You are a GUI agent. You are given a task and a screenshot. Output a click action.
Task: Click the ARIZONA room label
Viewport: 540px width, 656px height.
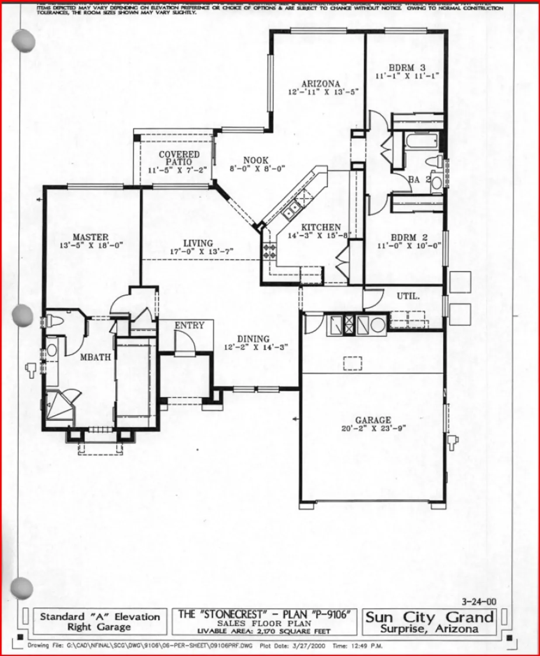(x=320, y=84)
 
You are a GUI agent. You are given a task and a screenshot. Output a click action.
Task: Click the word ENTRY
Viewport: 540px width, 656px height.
(x=190, y=325)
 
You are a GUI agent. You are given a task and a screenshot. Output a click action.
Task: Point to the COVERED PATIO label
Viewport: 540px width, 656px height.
(x=179, y=158)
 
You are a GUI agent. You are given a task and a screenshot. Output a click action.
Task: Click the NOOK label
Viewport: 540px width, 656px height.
(x=256, y=161)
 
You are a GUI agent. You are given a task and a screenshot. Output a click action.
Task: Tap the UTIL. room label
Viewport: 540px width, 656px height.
(x=408, y=296)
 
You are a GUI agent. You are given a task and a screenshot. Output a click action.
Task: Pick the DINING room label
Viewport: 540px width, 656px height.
(x=253, y=339)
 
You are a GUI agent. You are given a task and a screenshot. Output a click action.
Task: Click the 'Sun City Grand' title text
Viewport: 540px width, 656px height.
(x=429, y=617)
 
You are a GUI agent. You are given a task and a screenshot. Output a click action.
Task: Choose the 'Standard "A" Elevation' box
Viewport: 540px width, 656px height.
(x=100, y=621)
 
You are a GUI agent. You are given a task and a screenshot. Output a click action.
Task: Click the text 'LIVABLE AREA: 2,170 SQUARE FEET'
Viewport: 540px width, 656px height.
(x=264, y=631)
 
